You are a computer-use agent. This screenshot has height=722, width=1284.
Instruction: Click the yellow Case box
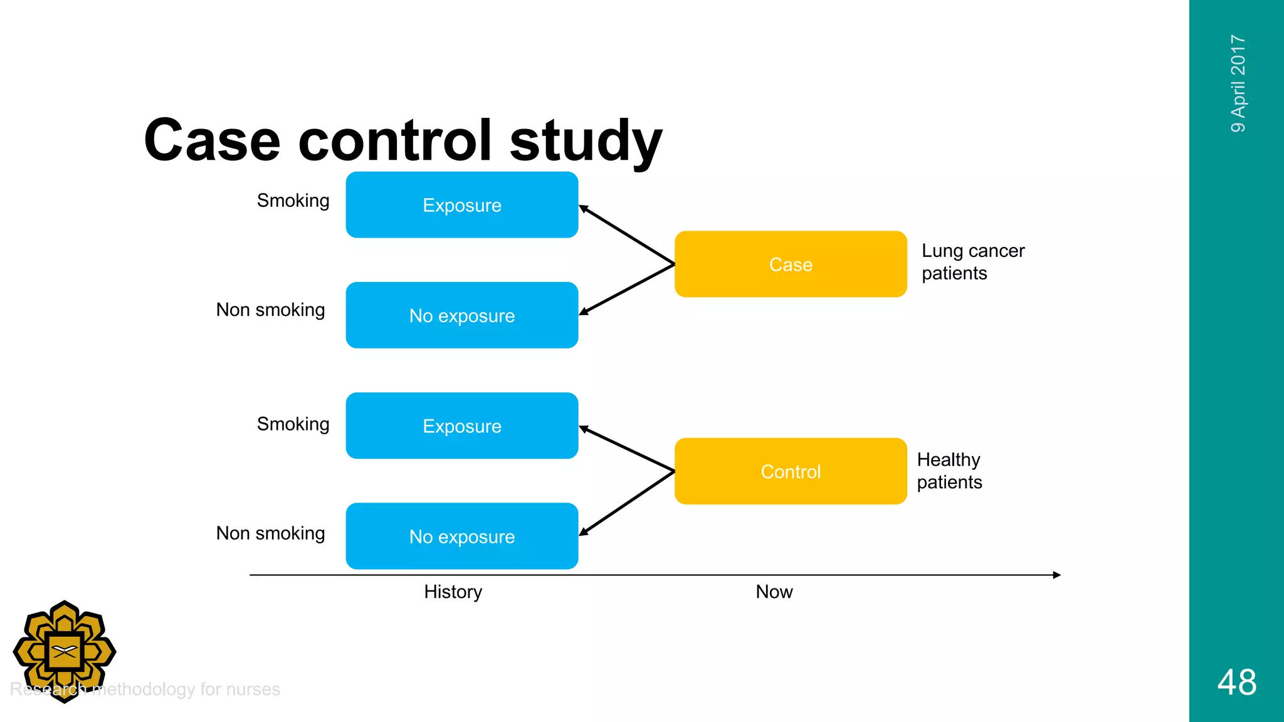[x=791, y=264]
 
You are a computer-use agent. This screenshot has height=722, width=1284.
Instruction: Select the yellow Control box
[x=791, y=471]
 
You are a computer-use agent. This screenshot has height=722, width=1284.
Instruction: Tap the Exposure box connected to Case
[x=462, y=205]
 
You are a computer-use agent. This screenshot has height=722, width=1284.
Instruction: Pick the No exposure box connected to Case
[x=462, y=315]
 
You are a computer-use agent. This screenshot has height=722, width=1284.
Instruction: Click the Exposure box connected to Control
[x=462, y=426]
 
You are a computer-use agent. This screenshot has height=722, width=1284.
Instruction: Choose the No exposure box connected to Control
[x=462, y=536]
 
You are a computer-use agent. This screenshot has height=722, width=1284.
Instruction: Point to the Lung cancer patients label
[x=972, y=262]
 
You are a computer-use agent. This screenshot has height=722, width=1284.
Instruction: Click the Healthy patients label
[x=949, y=471]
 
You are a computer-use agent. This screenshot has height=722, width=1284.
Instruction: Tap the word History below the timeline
[x=453, y=592]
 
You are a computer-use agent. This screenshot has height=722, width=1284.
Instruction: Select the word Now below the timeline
[x=774, y=592]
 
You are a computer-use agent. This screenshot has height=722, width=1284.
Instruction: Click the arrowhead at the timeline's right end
[x=1056, y=575]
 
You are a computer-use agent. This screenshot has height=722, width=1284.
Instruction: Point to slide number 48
[x=1236, y=683]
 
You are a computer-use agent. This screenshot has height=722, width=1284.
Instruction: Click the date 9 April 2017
[x=1238, y=83]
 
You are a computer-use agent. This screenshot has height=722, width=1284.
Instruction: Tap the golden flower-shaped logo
[x=65, y=652]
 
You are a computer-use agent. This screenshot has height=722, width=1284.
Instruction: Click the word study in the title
[x=586, y=140]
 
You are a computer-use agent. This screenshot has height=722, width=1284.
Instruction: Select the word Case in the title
[x=212, y=140]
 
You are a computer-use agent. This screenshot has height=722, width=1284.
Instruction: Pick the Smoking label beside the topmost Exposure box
[x=293, y=201]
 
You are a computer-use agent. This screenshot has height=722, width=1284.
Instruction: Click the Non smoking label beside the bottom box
[x=270, y=533]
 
